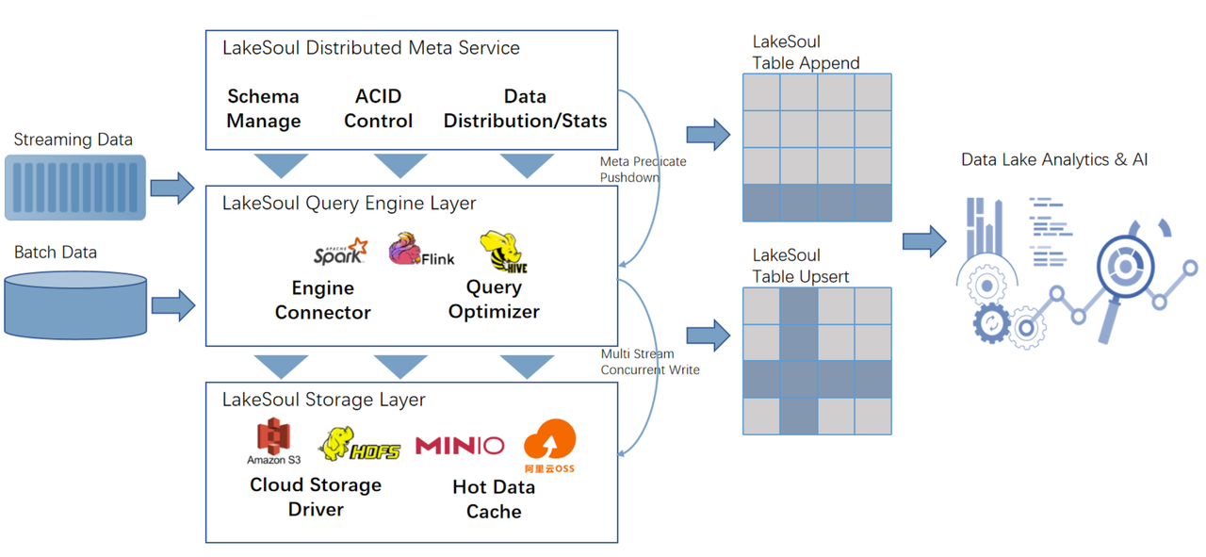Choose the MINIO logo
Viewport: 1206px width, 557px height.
pyautogui.click(x=460, y=445)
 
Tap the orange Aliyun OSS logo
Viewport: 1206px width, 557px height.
pyautogui.click(x=549, y=446)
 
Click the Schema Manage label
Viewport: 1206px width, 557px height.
pyautogui.click(x=264, y=108)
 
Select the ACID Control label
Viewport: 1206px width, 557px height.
pyautogui.click(x=378, y=108)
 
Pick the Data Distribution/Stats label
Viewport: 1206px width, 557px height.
pyautogui.click(x=525, y=108)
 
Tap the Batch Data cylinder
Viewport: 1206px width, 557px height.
pyautogui.click(x=75, y=304)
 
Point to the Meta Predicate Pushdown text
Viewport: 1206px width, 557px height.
pyautogui.click(x=643, y=170)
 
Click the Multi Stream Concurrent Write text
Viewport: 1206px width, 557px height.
pyautogui.click(x=650, y=362)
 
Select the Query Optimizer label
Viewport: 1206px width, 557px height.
pyautogui.click(x=494, y=300)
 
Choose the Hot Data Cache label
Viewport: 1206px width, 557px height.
pyautogui.click(x=494, y=500)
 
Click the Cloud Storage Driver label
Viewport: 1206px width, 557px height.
pyautogui.click(x=316, y=497)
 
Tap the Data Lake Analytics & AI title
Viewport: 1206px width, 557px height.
pyautogui.click(x=1054, y=160)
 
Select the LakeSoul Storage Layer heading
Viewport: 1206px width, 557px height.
pyautogui.click(x=323, y=400)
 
